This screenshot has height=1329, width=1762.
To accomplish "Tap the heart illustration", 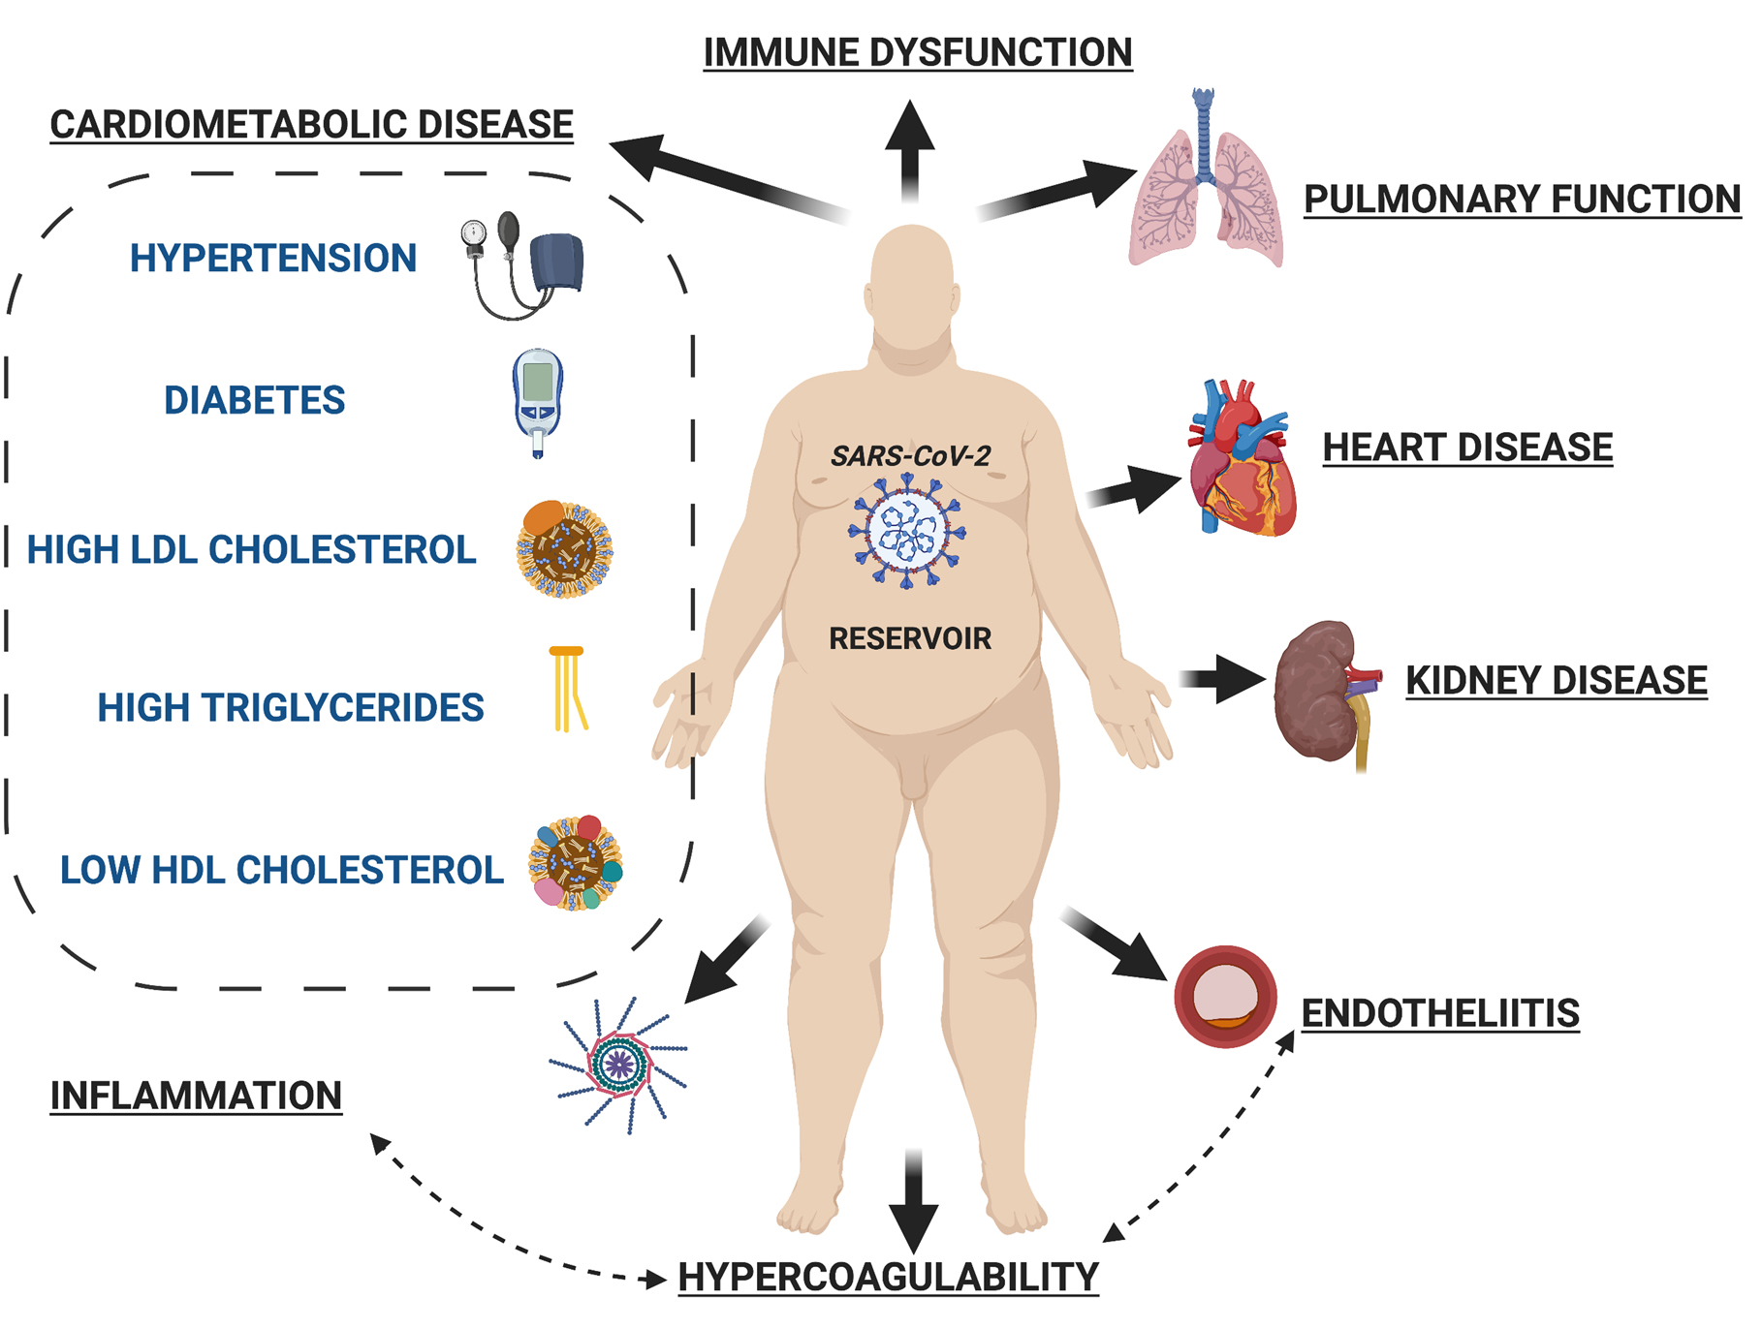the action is coord(1243,457).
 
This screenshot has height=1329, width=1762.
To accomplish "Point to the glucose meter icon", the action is coord(538,402).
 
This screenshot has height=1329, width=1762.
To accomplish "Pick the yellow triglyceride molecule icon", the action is coord(568,689).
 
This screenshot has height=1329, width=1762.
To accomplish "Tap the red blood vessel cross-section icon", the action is coord(1225,997).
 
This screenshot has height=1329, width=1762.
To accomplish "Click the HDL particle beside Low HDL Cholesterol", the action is coord(576,862).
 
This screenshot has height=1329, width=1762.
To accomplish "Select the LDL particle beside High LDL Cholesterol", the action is coord(564,549).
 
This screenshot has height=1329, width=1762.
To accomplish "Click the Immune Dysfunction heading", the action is coord(918,53).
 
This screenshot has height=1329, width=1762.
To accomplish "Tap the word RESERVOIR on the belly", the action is coord(910,638).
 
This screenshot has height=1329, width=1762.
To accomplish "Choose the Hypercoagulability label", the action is coord(889,1277).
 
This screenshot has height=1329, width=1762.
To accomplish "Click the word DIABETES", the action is coord(254,400).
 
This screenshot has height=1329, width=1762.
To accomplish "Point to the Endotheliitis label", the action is coord(1440,1013).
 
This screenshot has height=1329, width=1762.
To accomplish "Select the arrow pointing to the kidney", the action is coord(1223,678).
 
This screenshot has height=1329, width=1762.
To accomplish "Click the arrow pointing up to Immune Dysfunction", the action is coord(910,150).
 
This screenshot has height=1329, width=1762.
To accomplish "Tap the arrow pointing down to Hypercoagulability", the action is coord(913,1201).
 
